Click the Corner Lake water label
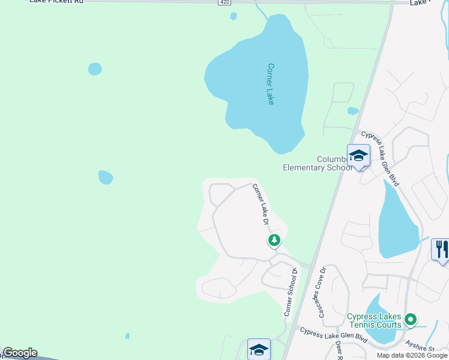point(271,84)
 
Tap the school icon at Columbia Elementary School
point(358,155)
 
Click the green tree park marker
point(274,241)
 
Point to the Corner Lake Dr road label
point(261,204)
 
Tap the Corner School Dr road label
point(291,292)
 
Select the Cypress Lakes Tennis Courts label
point(374,321)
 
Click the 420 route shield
point(224,2)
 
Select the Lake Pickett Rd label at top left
point(57,2)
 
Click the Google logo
point(20,353)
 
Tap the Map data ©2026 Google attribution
point(412,355)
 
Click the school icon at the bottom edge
point(259,349)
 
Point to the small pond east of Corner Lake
point(353,111)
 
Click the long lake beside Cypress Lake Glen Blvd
point(396,222)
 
